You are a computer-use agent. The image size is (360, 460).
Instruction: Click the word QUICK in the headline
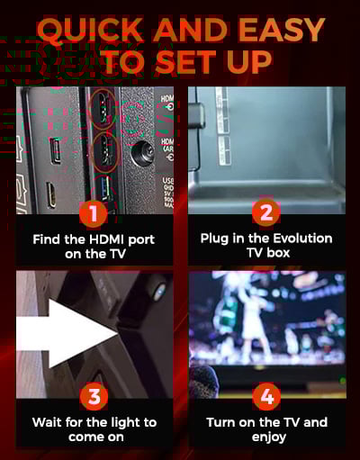click(90, 30)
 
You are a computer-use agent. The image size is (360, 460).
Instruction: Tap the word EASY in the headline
click(282, 30)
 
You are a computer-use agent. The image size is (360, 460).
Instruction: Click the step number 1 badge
click(94, 213)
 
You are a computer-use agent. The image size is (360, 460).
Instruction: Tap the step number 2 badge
click(266, 212)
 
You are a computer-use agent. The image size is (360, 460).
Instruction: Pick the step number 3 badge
click(94, 396)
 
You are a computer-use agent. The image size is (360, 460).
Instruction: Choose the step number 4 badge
click(266, 396)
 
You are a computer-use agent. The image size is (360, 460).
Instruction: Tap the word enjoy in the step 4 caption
click(268, 437)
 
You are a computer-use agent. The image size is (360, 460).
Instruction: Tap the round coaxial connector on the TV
click(143, 151)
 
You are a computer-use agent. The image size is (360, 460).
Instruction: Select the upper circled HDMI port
click(103, 109)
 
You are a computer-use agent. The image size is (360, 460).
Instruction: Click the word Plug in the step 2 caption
click(213, 239)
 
